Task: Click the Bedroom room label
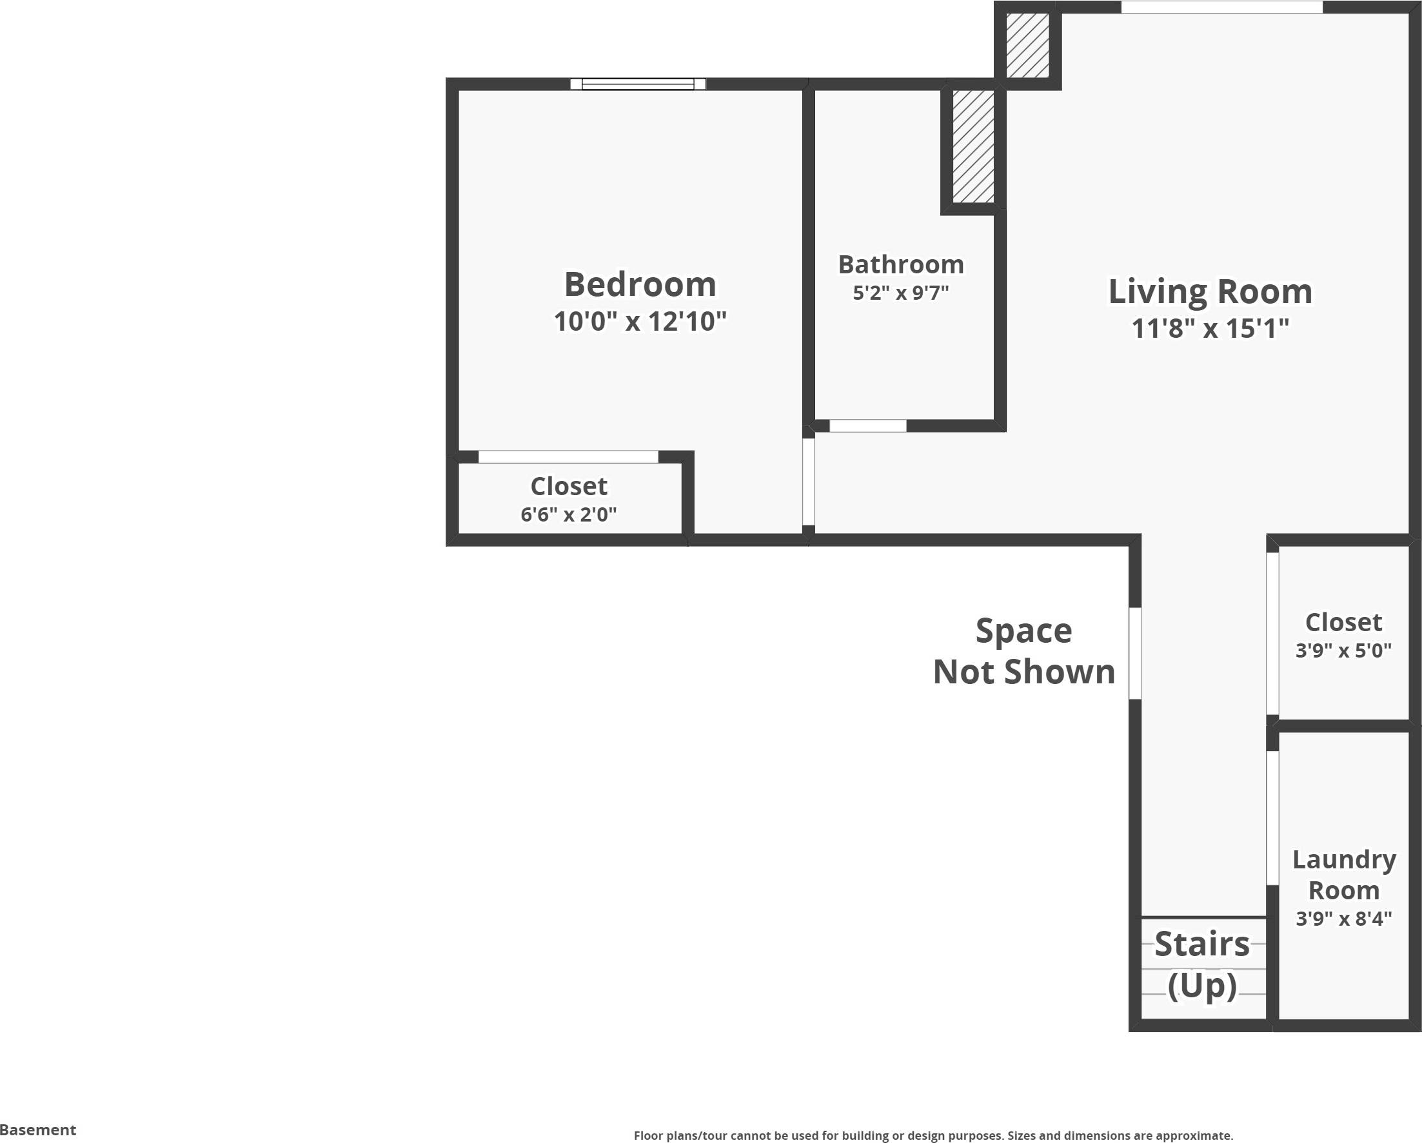tap(640, 285)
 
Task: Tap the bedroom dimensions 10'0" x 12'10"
tap(640, 322)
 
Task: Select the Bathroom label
tap(901, 264)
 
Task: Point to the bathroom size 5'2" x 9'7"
tap(901, 293)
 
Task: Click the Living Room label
tap(1210, 291)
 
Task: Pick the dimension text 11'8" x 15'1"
tap(1210, 328)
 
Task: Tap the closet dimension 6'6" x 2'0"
tap(569, 514)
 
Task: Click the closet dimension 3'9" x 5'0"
tap(1343, 650)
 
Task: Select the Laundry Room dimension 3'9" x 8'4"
tap(1343, 918)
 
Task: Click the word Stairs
tap(1201, 944)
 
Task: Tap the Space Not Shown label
tap(1023, 651)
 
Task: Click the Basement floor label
tap(38, 1130)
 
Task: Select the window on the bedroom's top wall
tap(638, 84)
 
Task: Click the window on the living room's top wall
tap(1221, 6)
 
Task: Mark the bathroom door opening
tap(867, 426)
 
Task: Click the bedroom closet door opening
tap(568, 457)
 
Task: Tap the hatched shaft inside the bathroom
tap(973, 146)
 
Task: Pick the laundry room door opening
tap(1272, 817)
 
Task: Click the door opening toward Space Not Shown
tap(1134, 653)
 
